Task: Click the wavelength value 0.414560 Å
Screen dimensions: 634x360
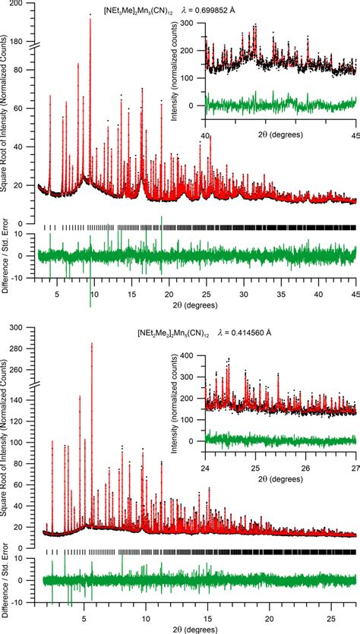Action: coord(241,333)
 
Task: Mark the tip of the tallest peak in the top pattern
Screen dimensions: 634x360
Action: coord(90,18)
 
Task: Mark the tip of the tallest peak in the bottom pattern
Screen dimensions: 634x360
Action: coord(92,343)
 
